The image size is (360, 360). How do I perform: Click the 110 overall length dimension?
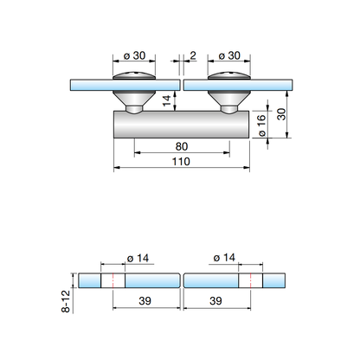[x=182, y=163]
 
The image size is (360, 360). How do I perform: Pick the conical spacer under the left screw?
[x=134, y=102]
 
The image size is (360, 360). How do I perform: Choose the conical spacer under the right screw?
[x=229, y=102]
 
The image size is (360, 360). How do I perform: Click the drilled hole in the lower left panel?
[x=113, y=282]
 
